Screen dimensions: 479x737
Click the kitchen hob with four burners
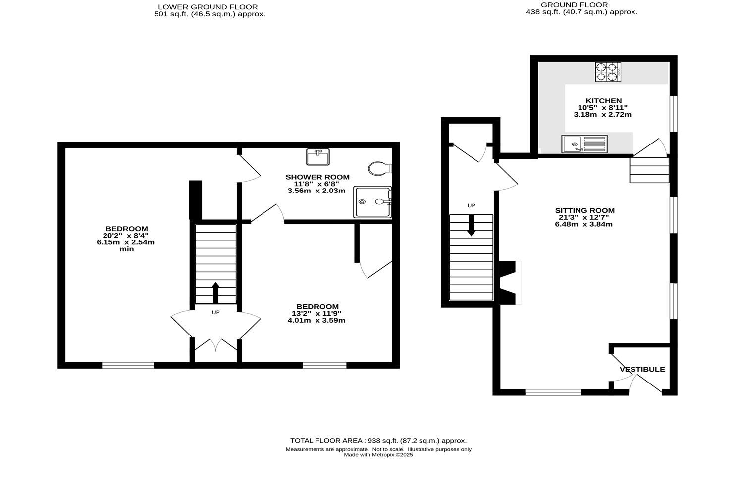pos(608,72)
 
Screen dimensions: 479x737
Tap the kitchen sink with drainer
pos(584,144)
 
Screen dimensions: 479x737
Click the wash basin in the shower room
pos(317,157)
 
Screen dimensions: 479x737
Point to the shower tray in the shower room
pos(372,202)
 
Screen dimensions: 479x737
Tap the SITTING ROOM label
pos(584,210)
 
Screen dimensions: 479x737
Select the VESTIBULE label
pos(642,369)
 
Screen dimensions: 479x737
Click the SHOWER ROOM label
pos(317,177)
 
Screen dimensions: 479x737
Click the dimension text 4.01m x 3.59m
pos(316,320)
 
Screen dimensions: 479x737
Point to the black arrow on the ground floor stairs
pos(471,226)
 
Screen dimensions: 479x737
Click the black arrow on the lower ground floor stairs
pos(215,292)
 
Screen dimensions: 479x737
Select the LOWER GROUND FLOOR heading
pos(208,7)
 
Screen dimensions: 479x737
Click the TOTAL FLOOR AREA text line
pos(378,440)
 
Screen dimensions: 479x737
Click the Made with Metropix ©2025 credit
pos(378,455)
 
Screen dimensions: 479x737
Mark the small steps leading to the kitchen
pos(649,170)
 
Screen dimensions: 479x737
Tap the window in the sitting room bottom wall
pos(553,392)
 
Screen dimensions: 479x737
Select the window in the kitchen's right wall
pos(673,113)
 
